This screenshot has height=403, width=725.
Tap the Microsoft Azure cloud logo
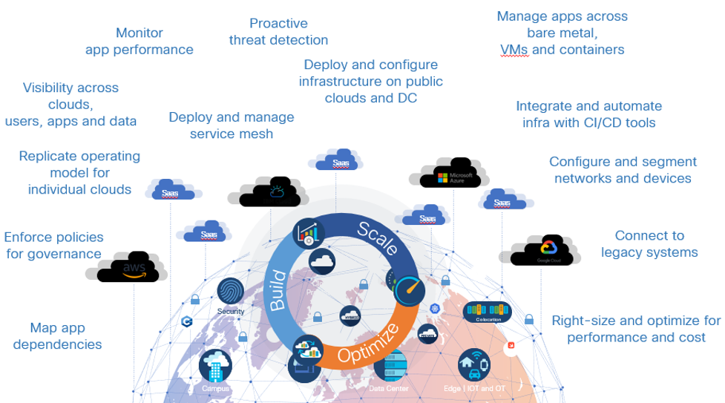[451, 176]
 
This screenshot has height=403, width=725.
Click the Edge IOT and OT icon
[474, 366]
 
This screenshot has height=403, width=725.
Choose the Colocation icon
[488, 311]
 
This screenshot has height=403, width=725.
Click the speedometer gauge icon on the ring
[409, 291]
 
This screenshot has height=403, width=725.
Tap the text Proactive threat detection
[278, 32]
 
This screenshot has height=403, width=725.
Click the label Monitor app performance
[140, 42]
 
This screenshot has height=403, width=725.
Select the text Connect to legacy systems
[649, 243]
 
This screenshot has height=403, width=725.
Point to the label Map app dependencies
[57, 335]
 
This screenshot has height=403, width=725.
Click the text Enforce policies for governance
[53, 245]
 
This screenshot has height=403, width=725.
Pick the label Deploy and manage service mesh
[232, 125]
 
